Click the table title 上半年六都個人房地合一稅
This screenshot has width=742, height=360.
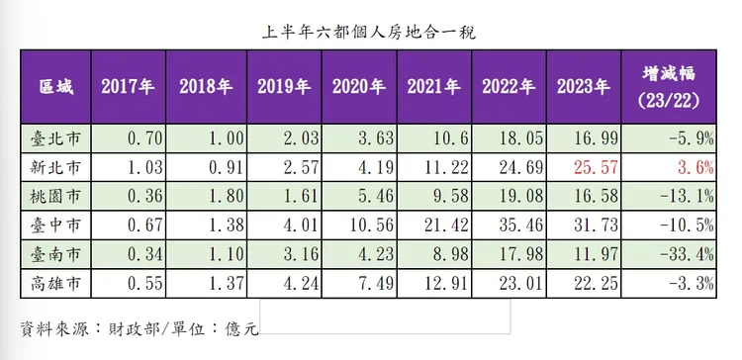(371, 33)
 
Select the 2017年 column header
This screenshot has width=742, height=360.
(128, 87)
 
